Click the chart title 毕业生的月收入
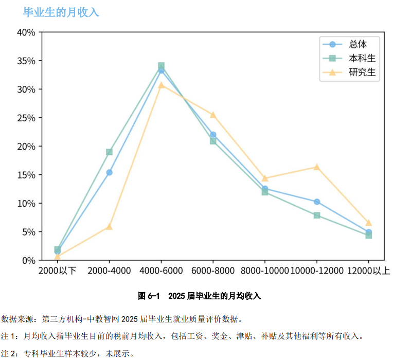[61, 12]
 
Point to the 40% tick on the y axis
[26, 32]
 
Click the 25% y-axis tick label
[26, 118]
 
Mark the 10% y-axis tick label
[26, 204]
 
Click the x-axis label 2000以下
[58, 271]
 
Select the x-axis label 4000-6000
[161, 271]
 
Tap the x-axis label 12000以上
[368, 271]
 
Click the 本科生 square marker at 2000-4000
[109, 152]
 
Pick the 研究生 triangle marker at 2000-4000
[109, 226]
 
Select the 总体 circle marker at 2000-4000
[109, 173]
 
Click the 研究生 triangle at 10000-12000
[317, 167]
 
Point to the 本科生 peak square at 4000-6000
[161, 66]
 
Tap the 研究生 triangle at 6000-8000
[213, 115]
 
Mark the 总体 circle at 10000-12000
[317, 202]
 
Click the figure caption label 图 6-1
[149, 296]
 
